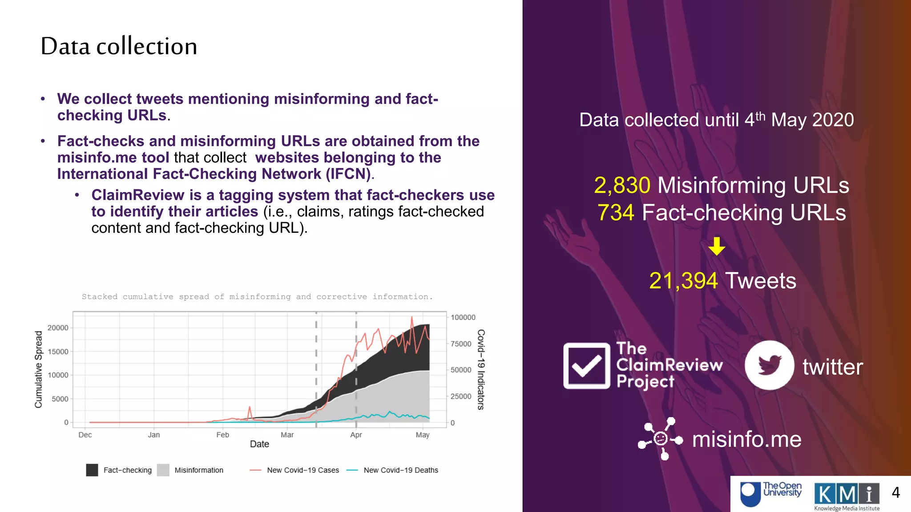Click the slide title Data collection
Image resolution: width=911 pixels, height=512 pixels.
pos(119,46)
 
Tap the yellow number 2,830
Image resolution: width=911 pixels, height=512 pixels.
pos(622,185)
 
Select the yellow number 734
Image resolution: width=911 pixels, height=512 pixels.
pos(616,212)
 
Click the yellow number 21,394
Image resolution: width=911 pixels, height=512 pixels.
pos(683,281)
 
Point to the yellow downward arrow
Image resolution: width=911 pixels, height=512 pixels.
pos(717,246)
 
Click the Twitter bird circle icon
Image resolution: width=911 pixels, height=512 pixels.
pos(769,365)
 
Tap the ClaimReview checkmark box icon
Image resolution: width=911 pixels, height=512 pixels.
pos(587,366)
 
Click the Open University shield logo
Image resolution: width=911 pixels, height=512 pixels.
pos(750,494)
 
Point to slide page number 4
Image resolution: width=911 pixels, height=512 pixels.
pos(895,492)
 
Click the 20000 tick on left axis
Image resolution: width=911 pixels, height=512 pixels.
pos(58,328)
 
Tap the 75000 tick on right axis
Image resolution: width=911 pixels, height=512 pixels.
pos(461,344)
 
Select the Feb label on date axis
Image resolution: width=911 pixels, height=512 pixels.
pos(222,435)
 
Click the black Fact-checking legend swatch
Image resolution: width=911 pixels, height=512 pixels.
pos(92,470)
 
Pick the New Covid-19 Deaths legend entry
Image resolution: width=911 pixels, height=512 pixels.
pos(400,470)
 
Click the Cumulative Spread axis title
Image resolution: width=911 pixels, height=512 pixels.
pos(39,369)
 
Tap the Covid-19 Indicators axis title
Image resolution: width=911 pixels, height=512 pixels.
pos(480,369)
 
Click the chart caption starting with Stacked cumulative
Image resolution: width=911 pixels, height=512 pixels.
pos(257,296)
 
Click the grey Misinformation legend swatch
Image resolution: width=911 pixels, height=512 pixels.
pos(163,470)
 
